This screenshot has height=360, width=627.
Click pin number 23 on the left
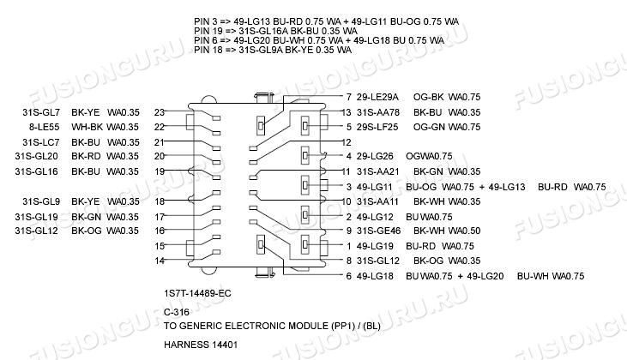coord(159,112)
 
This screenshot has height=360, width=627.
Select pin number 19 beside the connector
coord(159,171)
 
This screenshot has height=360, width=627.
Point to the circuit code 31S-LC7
coord(40,142)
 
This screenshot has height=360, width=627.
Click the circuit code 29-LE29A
coord(378,97)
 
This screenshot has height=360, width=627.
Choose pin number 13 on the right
coord(347,112)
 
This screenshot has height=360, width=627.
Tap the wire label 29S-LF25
coord(378,127)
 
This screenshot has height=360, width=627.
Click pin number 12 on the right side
coord(347,142)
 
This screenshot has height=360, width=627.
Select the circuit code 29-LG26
coord(376,156)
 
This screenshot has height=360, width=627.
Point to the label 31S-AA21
coord(378,171)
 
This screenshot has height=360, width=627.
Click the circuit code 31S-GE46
coord(378,231)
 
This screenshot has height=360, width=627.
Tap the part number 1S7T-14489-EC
coord(197,293)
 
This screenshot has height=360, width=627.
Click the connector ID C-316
coord(176,313)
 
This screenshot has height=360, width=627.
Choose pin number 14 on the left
coord(159,260)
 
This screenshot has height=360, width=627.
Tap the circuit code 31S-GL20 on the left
coord(37,156)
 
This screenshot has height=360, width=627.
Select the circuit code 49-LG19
coord(375,246)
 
